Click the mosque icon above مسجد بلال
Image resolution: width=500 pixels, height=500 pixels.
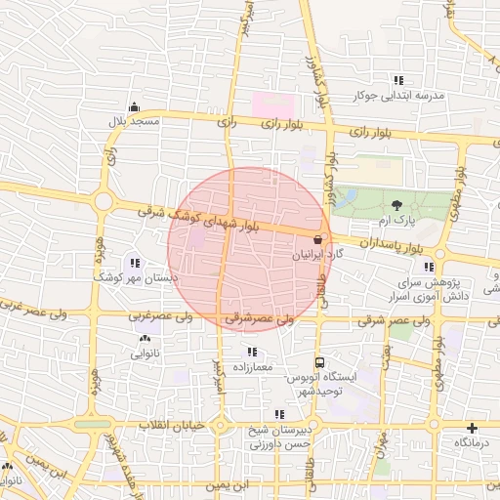134,107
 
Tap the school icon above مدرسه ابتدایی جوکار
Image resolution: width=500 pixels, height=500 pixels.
397,80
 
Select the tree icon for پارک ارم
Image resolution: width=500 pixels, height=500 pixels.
397,204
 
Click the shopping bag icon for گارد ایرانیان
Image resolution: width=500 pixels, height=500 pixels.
317,238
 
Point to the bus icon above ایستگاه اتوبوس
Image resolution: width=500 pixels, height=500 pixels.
321,359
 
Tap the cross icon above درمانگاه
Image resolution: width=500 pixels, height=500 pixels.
473,428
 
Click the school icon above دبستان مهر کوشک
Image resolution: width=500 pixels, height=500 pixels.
134,263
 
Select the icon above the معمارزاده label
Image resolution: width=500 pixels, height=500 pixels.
253,352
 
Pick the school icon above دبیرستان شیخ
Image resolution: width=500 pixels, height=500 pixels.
280,414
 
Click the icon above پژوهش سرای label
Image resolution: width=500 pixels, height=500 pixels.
429,267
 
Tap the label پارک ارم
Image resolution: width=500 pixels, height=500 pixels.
397,221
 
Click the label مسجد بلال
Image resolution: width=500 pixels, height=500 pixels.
133,122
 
